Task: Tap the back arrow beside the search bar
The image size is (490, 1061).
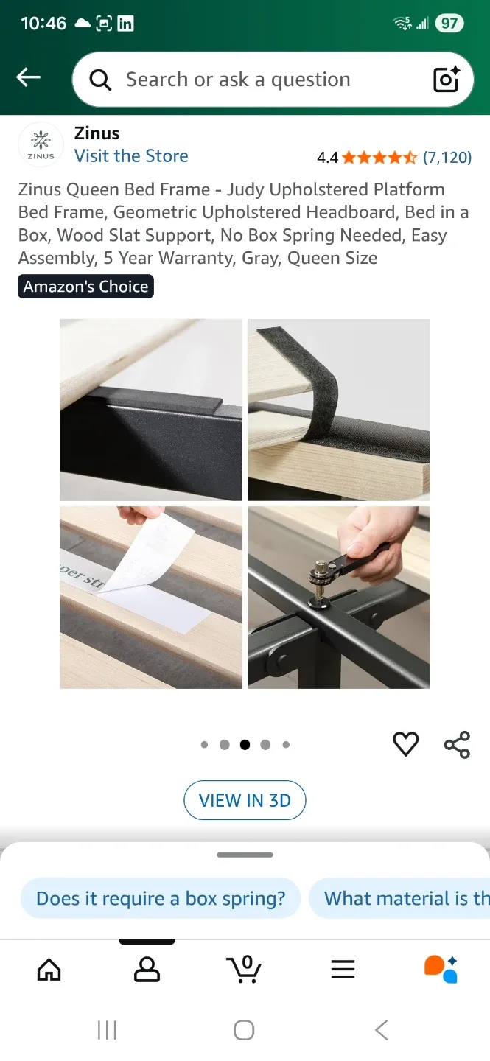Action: point(29,77)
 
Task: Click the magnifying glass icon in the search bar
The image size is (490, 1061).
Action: point(100,80)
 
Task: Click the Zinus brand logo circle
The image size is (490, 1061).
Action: point(41,145)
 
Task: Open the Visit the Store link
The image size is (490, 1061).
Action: point(131,156)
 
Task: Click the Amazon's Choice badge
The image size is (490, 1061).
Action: point(85,287)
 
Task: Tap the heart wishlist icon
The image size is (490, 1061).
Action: point(405,744)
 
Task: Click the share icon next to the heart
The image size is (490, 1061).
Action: point(457,744)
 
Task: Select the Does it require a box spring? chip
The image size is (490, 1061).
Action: point(161,898)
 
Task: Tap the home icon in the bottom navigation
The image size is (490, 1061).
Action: point(49,969)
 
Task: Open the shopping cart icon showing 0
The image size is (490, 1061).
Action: point(244,969)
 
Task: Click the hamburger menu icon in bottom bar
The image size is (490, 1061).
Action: point(343,969)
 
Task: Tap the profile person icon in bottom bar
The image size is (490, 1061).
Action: point(147,969)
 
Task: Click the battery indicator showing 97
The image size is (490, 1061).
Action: point(449,23)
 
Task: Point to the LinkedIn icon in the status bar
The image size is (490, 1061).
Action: point(125,23)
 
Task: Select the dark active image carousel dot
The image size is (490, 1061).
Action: point(245,745)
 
